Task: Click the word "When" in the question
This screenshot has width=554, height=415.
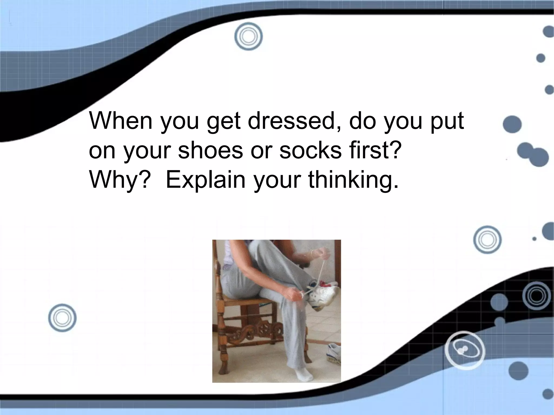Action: point(121,121)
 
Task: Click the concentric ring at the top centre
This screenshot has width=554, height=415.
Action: point(249,36)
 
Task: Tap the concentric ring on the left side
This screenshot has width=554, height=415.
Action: point(62,318)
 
